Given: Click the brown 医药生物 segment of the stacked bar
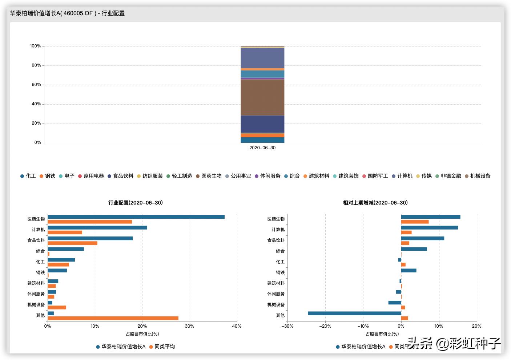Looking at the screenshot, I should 262,97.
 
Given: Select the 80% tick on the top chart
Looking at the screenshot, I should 36,65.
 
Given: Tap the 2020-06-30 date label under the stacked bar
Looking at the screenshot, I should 262,148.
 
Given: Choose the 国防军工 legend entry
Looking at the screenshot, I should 378,176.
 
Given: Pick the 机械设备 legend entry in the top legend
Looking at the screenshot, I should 480,176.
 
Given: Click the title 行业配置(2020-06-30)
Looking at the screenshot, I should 135,203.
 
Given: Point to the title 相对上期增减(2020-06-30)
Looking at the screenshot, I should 375,203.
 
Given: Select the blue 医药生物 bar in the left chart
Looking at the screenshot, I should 136,217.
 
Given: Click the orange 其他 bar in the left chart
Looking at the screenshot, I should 113,318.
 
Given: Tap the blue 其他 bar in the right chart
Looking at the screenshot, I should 354,313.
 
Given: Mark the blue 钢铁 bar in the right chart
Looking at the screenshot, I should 409,270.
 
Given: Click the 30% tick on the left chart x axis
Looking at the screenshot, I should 189,326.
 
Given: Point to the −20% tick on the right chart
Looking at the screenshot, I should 325,326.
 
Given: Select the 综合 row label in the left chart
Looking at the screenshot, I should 40,251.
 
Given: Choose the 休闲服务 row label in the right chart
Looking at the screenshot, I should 276,294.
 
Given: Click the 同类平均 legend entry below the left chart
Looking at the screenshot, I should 164,347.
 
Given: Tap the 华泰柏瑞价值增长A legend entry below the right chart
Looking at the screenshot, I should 363,347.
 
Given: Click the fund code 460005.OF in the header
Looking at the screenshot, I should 79,13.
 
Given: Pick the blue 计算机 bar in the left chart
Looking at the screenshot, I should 97,227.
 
